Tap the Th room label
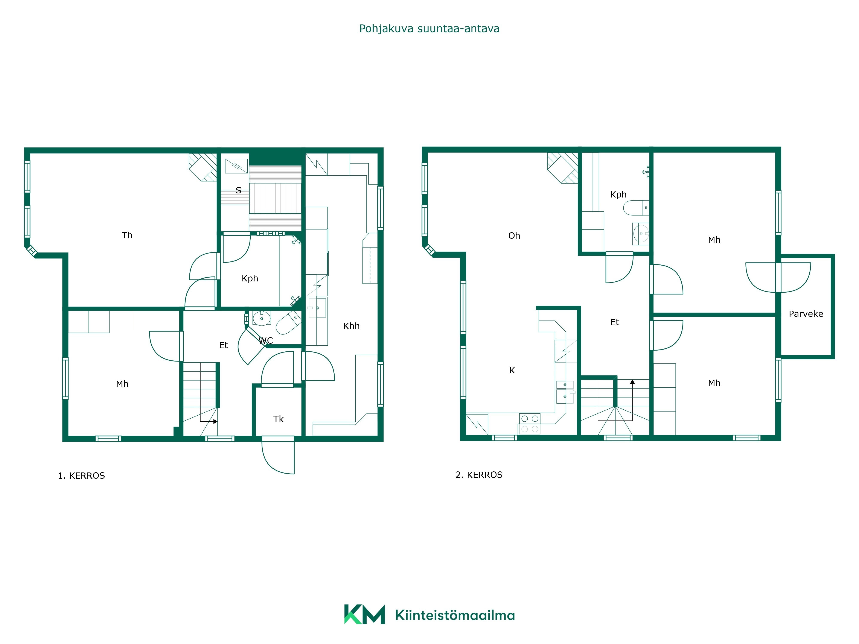127,235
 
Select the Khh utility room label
352,326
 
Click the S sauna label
238,190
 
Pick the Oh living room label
514,236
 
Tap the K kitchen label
512,370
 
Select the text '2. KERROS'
479,475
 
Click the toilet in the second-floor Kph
636,208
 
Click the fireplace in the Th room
203,167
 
